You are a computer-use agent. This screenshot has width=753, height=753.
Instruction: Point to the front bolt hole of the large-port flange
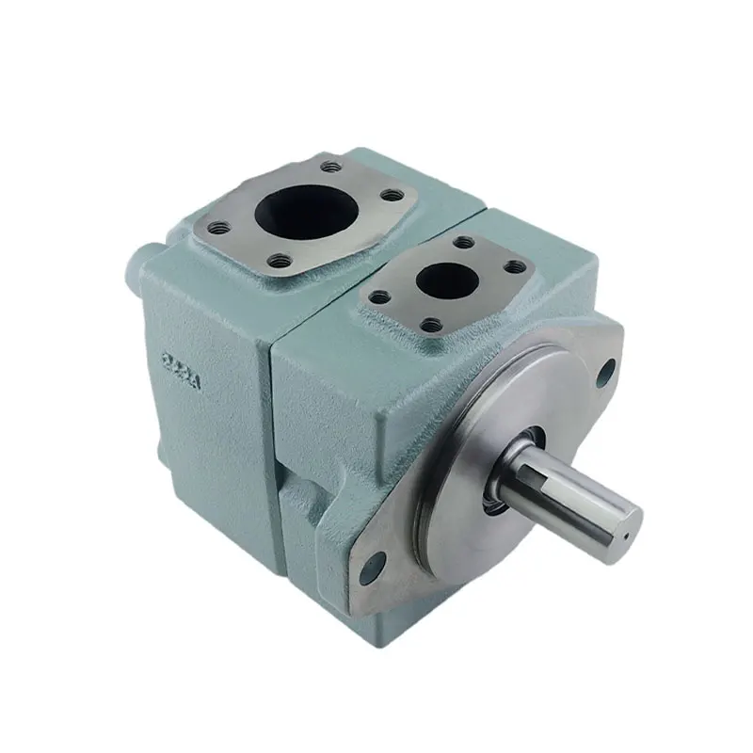(277, 260)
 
